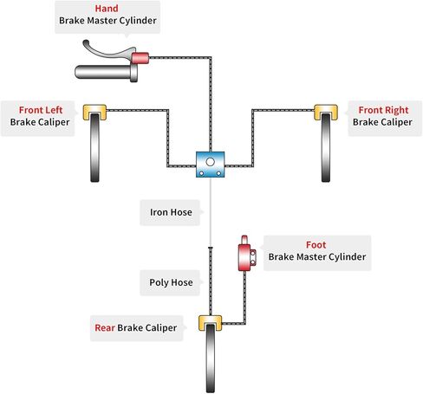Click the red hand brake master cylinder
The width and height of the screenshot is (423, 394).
140,58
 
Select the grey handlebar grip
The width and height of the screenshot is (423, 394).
106,72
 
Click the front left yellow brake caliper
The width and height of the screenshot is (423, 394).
94,112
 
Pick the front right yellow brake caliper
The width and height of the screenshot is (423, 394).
326,112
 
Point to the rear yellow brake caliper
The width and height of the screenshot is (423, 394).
211,323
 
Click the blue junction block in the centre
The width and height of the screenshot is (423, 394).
210,165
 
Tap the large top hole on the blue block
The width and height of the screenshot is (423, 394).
210,162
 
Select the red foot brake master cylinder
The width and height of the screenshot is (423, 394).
246,254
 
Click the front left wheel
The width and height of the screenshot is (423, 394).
94,147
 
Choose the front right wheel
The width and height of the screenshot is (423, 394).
326,147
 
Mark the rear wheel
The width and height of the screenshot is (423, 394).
211,358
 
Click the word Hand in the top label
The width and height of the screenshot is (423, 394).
107,9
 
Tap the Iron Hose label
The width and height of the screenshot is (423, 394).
171,212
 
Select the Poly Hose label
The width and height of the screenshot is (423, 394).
171,282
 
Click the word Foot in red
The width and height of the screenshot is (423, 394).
316,245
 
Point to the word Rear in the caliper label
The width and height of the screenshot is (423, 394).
105,328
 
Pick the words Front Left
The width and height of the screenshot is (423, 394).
41,110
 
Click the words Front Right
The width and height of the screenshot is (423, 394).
383,110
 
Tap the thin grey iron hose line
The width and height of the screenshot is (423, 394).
211,212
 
